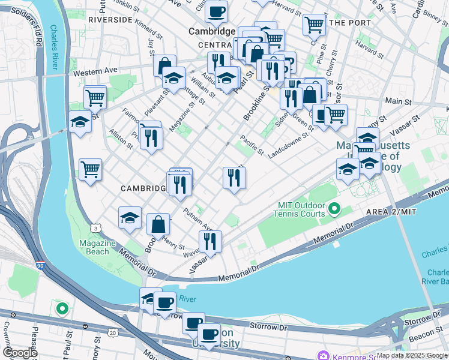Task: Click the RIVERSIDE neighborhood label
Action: coord(109,19)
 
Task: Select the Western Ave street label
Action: coord(95,71)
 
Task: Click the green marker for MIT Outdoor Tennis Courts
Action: coord(334,209)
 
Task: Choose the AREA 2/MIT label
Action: coord(391,213)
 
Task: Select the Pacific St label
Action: coord(252,145)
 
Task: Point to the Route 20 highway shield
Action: coord(113,332)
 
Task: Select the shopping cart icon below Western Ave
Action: coord(95,97)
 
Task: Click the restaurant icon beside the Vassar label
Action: coord(210,241)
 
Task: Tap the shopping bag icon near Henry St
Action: coord(158,224)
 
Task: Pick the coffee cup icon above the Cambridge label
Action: coord(216,10)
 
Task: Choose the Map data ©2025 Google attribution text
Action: coord(411,355)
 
